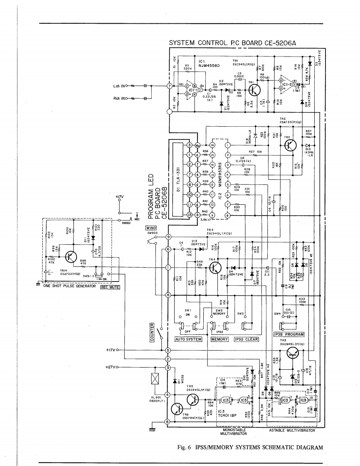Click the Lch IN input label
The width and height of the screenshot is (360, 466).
tap(120, 86)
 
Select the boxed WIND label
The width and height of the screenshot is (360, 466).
tap(151, 228)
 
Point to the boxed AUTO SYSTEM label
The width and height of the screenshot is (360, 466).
tap(188, 339)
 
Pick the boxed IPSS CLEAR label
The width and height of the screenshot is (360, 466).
tap(246, 339)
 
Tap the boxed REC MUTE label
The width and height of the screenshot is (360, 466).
tap(110, 286)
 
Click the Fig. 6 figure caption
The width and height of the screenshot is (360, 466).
tap(249, 447)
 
